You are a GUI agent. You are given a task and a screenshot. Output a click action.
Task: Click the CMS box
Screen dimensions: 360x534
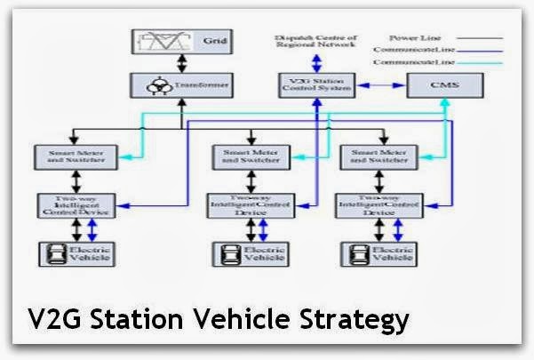[x=443, y=86]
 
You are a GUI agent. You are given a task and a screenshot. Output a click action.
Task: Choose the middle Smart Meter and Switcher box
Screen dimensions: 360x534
[x=249, y=156]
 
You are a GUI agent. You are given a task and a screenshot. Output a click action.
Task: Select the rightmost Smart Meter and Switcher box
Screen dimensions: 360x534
[x=379, y=156]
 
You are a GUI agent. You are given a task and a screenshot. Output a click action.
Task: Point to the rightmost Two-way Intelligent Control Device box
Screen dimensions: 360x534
[x=379, y=205]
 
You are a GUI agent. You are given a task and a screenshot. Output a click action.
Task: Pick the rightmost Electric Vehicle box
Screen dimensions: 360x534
[x=379, y=252]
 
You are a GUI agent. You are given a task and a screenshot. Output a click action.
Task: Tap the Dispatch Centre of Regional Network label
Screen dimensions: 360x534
[x=316, y=43]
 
